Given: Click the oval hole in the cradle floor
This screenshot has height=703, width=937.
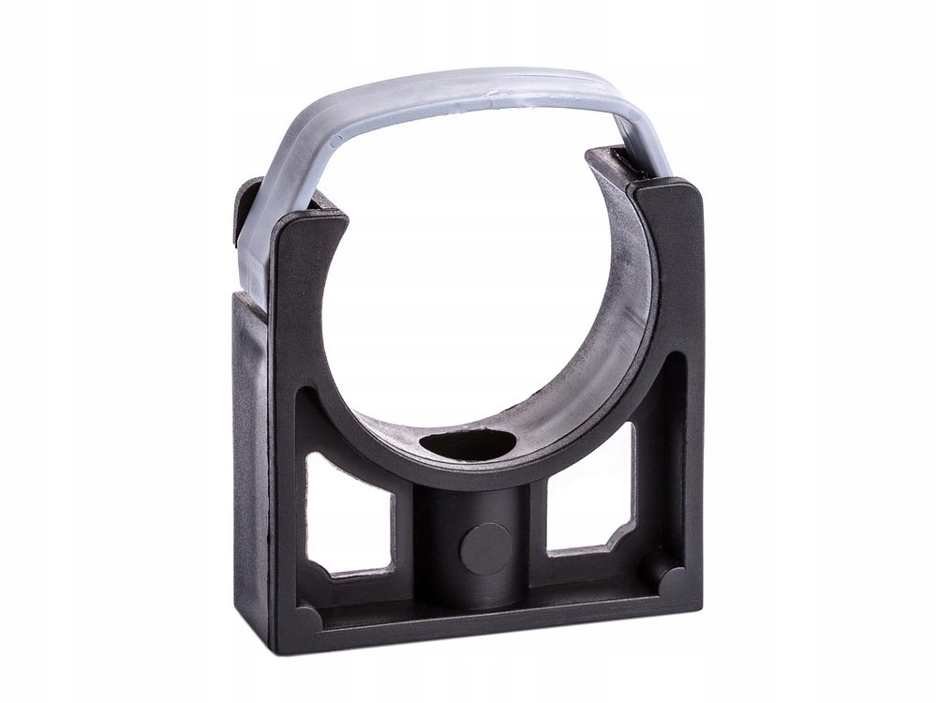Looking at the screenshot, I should (468, 444).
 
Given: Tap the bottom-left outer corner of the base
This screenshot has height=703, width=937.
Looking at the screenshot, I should (277, 647).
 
